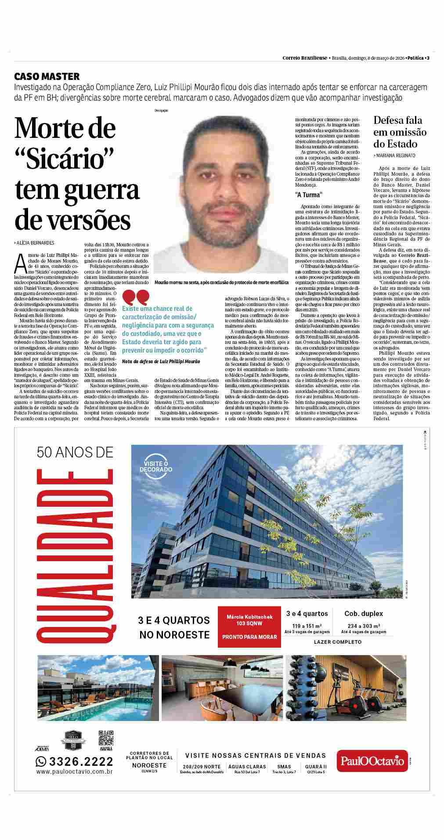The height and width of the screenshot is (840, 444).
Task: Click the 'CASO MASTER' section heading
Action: click(x=47, y=76)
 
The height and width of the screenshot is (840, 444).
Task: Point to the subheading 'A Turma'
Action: click(x=308, y=195)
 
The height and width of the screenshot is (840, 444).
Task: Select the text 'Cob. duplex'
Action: click(x=363, y=613)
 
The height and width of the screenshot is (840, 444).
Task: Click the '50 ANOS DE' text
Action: click(x=75, y=451)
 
